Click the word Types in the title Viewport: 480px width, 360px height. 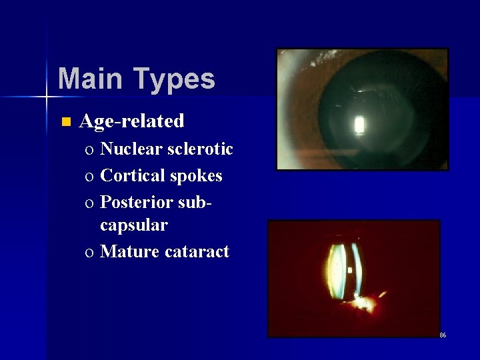click(x=174, y=79)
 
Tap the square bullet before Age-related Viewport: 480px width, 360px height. click(x=65, y=122)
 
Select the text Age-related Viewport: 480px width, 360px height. click(x=131, y=121)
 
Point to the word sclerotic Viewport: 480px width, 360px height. click(x=199, y=149)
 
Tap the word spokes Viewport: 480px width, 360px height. click(x=196, y=176)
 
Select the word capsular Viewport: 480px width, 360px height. click(x=133, y=226)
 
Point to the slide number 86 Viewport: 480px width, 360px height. click(x=443, y=335)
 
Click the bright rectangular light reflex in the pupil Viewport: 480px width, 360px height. click(x=360, y=125)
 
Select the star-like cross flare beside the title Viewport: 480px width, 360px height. click(x=47, y=97)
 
